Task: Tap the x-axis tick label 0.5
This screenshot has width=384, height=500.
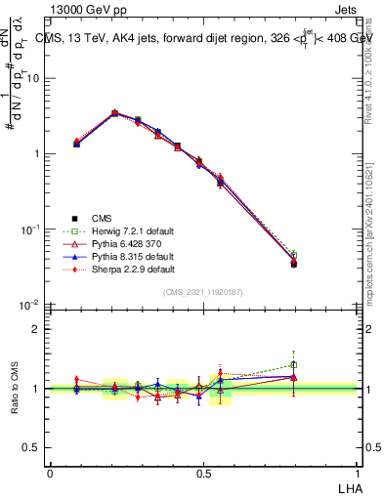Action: tap(202, 472)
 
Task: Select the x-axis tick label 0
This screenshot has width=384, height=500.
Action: tap(50, 472)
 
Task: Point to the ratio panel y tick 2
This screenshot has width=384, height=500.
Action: tap(34, 329)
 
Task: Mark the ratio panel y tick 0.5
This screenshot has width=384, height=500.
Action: tap(30, 447)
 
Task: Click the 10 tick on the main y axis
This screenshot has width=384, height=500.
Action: tap(32, 78)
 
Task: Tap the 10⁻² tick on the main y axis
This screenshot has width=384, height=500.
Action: tap(29, 305)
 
